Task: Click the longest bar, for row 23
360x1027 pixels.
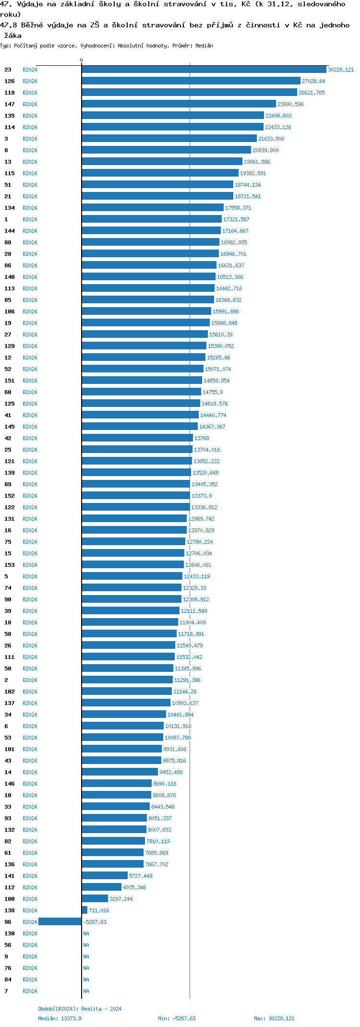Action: click(x=204, y=70)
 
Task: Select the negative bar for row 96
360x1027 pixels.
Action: click(x=60, y=922)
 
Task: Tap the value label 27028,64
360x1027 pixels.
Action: click(x=313, y=81)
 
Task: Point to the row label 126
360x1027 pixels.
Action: click(x=10, y=81)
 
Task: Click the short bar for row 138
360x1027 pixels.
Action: click(x=85, y=910)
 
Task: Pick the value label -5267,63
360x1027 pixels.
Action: click(x=95, y=922)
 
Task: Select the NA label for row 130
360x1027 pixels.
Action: click(x=86, y=933)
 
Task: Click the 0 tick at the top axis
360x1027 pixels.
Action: click(x=81, y=60)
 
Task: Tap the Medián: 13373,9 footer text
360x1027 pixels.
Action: click(x=60, y=1018)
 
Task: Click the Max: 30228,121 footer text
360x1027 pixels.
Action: click(x=274, y=1018)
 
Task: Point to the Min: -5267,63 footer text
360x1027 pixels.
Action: click(x=177, y=1018)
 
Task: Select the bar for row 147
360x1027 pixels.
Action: click(x=179, y=104)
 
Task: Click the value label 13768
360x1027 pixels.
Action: click(x=202, y=438)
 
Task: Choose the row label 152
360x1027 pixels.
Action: click(x=10, y=496)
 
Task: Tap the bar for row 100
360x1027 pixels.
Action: click(x=95, y=899)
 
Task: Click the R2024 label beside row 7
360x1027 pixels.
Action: click(x=30, y=991)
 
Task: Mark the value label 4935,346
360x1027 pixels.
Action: click(x=134, y=887)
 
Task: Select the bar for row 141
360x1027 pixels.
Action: click(x=105, y=876)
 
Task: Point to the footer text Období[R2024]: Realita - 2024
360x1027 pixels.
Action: click(x=80, y=1009)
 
